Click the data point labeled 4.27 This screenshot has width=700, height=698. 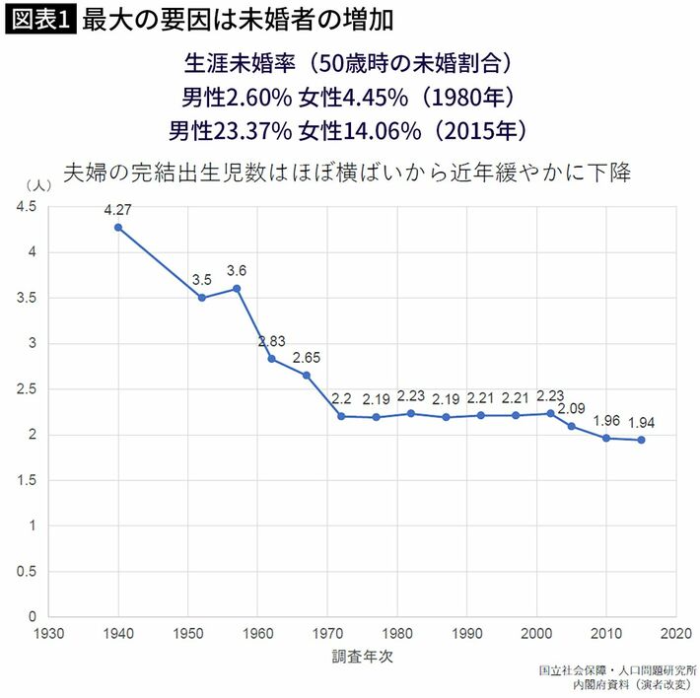tap(118, 228)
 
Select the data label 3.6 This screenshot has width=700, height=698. tap(237, 271)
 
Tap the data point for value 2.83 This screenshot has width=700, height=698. tap(271, 358)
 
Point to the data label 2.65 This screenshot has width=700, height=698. tap(307, 357)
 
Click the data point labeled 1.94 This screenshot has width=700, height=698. tap(642, 440)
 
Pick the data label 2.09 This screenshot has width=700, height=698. tap(572, 408)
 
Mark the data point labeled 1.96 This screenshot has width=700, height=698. tap(607, 438)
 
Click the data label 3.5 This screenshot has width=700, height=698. tap(201, 279)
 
